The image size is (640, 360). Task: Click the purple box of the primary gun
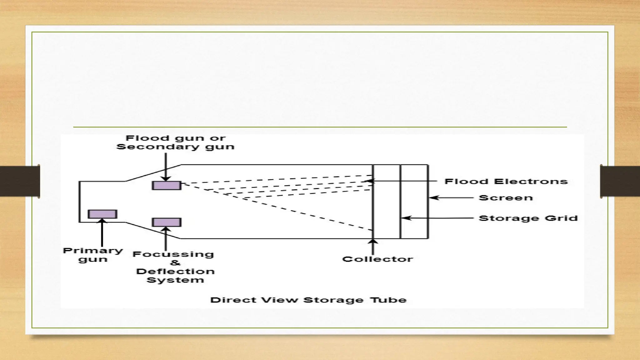pyautogui.click(x=102, y=214)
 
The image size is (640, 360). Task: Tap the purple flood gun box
pyautogui.click(x=167, y=185)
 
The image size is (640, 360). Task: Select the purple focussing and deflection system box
pyautogui.click(x=167, y=222)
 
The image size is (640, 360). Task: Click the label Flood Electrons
pyautogui.click(x=506, y=181)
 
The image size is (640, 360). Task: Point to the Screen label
pyautogui.click(x=506, y=198)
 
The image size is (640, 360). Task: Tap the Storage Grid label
pyautogui.click(x=528, y=218)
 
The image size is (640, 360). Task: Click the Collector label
pyautogui.click(x=377, y=259)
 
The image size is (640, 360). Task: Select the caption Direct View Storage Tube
pyautogui.click(x=308, y=300)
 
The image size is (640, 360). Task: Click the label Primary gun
pyautogui.click(x=93, y=255)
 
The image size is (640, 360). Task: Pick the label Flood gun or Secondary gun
pyautogui.click(x=175, y=142)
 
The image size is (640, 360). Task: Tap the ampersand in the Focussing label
pyautogui.click(x=175, y=262)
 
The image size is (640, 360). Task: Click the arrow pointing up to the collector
pyautogui.click(x=372, y=247)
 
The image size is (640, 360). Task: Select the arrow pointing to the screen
pyautogui.click(x=451, y=198)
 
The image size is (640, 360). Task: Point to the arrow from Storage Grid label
pyautogui.click(x=437, y=218)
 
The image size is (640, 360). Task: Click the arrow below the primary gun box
pyautogui.click(x=102, y=233)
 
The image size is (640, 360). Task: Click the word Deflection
pyautogui.click(x=175, y=271)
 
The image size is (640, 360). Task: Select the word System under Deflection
pyautogui.click(x=175, y=280)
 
